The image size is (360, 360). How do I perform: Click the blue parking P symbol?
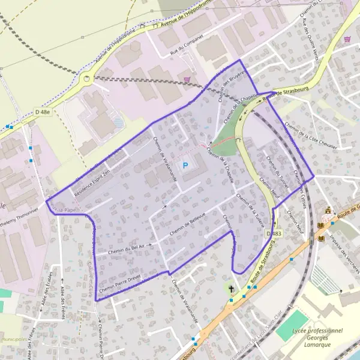pos(185,165)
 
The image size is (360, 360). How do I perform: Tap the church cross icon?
pos(231,289)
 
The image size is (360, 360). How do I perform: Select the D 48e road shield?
pos(42,112)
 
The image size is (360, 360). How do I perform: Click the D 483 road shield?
pos(273,233)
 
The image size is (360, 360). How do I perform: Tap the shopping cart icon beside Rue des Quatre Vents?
pos(347,38)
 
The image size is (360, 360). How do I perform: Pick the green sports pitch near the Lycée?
pos(292,326)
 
